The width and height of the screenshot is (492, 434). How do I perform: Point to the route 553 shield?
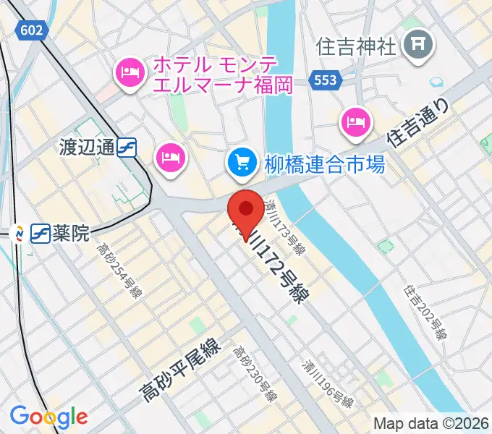(x=326, y=80)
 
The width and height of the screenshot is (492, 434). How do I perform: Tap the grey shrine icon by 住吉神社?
(x=418, y=46)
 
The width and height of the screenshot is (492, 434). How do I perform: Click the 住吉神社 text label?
(x=357, y=47)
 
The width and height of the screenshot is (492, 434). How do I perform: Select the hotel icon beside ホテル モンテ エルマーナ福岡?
(x=130, y=70)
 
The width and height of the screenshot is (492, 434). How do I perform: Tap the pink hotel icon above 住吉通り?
(x=355, y=121)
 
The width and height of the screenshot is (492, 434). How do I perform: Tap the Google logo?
(x=48, y=417)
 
